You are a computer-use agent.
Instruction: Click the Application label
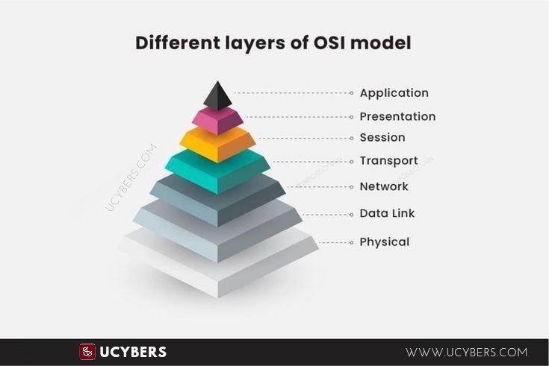394,93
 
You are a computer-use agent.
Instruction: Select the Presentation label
397,116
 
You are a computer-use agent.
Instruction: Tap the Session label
382,137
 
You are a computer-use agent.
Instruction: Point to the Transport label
388,161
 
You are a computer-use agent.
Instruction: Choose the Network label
384,186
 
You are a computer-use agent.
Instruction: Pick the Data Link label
387,213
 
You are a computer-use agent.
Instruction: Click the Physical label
384,242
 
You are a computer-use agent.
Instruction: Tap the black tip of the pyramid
217,96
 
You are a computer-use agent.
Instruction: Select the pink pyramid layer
217,120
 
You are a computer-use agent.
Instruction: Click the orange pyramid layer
217,144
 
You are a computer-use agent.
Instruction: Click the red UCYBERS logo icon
87,352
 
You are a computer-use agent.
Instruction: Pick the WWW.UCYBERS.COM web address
466,352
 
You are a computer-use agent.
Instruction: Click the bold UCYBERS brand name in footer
133,352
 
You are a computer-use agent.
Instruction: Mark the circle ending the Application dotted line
352,93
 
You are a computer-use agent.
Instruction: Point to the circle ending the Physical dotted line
352,242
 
